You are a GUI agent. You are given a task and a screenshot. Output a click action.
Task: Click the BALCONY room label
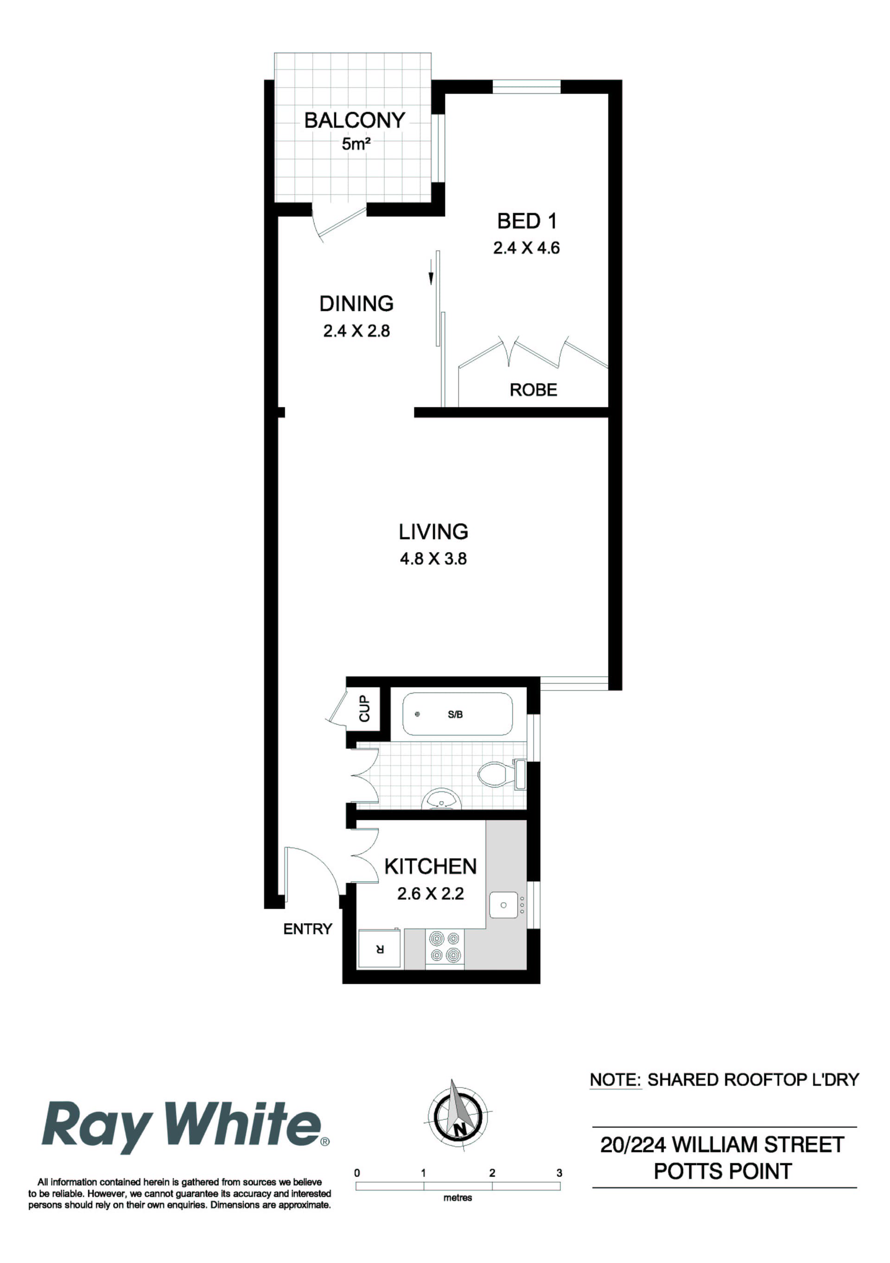[355, 121]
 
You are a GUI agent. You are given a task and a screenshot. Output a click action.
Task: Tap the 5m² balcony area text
[356, 144]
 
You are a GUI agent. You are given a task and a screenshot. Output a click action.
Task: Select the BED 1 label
[527, 221]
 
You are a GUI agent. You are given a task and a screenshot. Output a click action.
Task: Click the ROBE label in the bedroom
[533, 390]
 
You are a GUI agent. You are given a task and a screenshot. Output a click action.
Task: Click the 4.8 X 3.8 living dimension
[433, 559]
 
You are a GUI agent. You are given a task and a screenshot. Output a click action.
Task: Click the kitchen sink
[503, 905]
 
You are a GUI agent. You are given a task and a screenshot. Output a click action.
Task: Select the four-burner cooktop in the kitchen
[444, 946]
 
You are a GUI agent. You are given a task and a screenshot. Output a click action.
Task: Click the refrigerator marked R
[379, 949]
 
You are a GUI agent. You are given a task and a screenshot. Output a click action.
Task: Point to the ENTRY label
[307, 929]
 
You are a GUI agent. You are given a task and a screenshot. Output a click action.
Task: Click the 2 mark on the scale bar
[492, 1173]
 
